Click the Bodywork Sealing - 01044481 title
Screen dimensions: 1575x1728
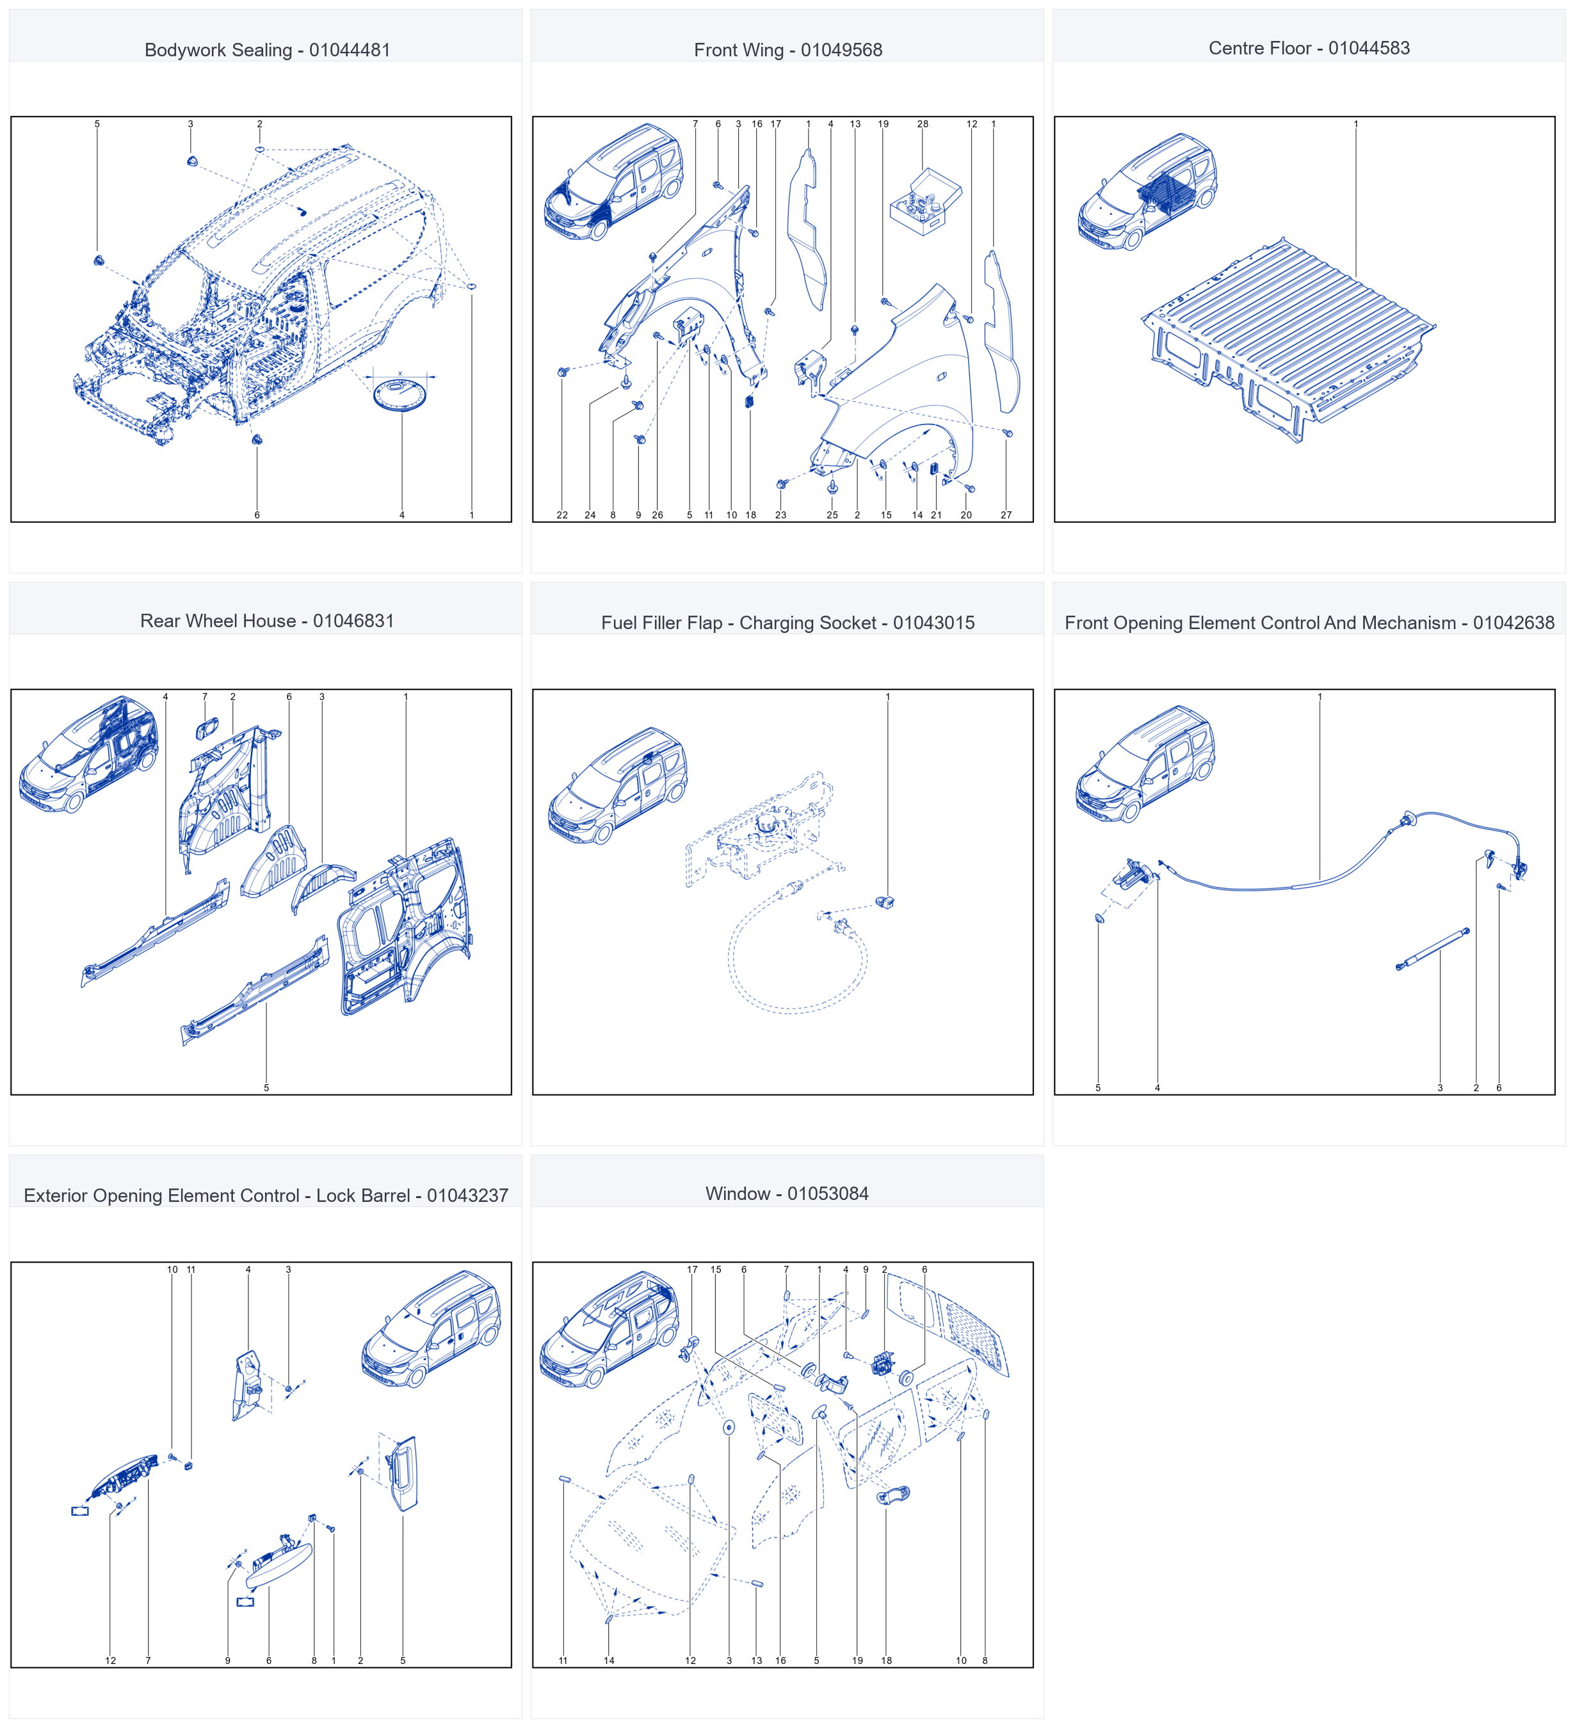[x=268, y=50]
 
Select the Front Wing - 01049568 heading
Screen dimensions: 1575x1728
[x=788, y=50]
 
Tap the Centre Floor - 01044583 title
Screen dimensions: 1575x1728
[x=1309, y=48]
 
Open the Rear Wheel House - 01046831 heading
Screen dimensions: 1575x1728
[x=268, y=621]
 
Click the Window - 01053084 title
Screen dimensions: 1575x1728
[x=787, y=1193]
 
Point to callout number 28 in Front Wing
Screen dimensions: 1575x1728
[x=923, y=124]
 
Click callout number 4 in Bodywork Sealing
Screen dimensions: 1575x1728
[x=401, y=515]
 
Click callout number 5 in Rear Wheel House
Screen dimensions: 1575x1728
[x=266, y=1088]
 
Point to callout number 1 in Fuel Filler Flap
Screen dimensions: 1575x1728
[x=887, y=697]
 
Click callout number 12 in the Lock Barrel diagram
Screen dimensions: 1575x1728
[x=111, y=1660]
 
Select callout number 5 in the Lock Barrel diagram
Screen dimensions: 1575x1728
[x=402, y=1660]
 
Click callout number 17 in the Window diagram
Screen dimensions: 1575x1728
[x=692, y=1269]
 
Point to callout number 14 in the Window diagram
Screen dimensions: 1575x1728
[x=609, y=1660]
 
